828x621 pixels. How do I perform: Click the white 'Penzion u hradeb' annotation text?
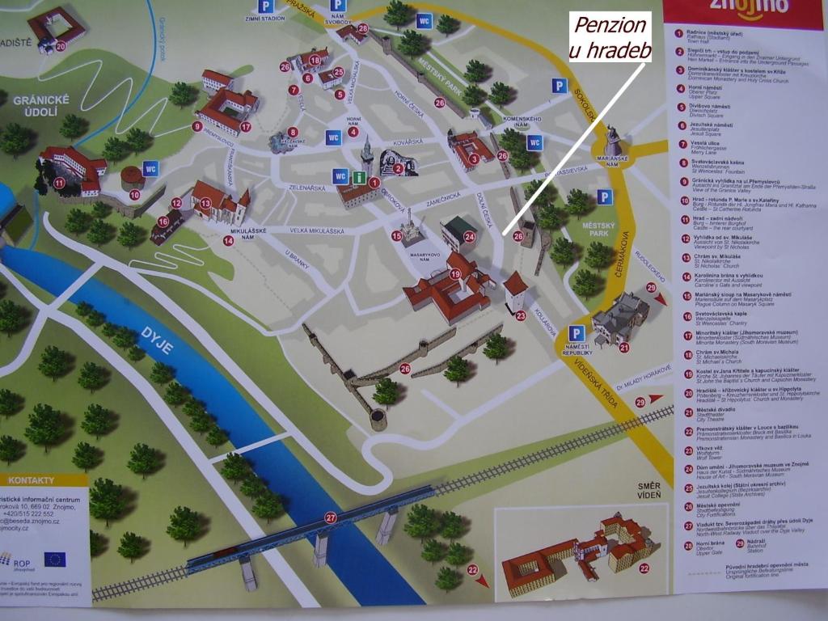610,37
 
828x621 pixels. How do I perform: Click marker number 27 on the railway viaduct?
330,517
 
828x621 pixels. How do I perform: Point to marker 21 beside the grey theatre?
624,347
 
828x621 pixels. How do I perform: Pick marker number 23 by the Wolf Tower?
520,315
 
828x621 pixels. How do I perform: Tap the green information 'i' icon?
357,175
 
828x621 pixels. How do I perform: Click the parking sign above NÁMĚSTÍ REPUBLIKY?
576,333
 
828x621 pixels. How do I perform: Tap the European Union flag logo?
55,558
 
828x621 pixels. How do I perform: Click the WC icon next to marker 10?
150,168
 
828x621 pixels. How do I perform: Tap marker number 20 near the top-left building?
61,46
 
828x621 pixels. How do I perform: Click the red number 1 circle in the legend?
679,32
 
